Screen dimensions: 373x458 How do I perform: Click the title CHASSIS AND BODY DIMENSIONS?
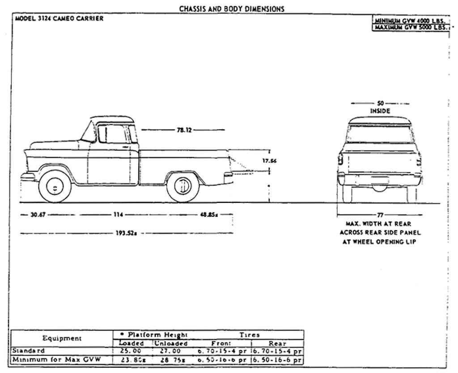coord(232,9)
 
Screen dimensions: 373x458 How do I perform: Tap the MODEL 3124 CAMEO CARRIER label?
coord(59,19)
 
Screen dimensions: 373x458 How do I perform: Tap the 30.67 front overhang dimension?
coord(38,214)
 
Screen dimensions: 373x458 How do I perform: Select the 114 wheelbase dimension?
coord(118,214)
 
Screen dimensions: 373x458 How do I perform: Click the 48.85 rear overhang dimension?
coord(208,214)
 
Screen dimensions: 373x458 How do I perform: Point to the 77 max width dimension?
coord(380,215)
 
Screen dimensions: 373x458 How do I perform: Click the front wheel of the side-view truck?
coord(55,187)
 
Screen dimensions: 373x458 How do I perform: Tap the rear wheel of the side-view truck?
coord(183,187)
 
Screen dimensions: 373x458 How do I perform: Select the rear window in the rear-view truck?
coord(380,133)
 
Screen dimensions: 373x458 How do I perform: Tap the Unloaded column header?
coord(171,343)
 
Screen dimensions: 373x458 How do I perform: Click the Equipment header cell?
coord(62,339)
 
